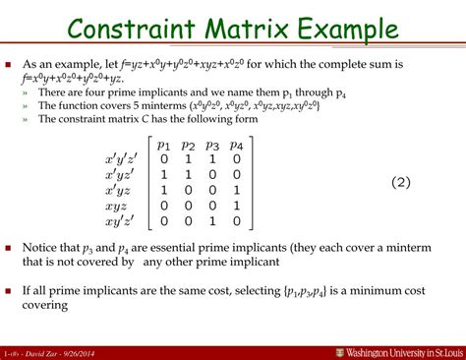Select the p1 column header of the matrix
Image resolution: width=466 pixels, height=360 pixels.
pyautogui.click(x=165, y=143)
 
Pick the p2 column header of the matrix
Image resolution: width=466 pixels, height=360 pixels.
pyautogui.click(x=189, y=143)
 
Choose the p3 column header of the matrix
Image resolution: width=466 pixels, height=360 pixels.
pyautogui.click(x=212, y=143)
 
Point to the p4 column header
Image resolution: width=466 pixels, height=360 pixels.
pyautogui.click(x=237, y=143)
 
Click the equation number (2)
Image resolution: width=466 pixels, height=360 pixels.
pyautogui.click(x=377, y=183)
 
